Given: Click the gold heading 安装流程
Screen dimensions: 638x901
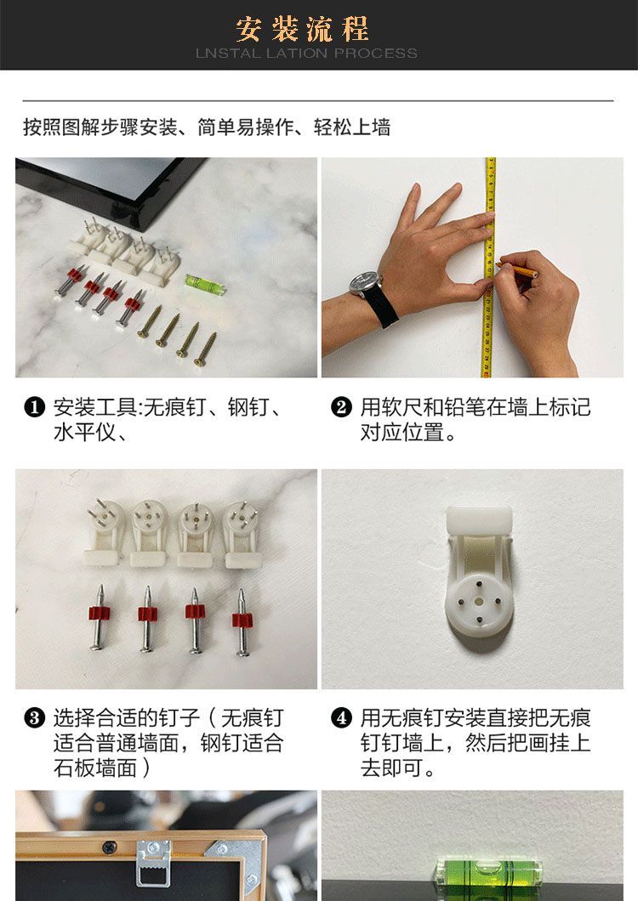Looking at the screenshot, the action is (302, 29).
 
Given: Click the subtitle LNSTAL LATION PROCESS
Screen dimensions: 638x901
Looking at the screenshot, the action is (306, 54).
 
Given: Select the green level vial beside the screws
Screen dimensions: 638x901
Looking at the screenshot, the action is (205, 283).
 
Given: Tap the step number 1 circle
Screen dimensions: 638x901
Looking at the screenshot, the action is (35, 407).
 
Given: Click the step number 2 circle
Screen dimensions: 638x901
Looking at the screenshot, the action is (341, 407).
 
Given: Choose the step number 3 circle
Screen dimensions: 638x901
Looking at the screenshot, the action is (35, 718).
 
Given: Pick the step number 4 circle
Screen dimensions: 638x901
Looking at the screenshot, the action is (341, 718).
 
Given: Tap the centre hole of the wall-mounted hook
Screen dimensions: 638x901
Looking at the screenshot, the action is (479, 602).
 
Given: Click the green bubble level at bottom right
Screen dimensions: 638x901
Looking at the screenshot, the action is (489, 879).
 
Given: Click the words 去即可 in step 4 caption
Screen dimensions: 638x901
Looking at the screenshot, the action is (392, 768).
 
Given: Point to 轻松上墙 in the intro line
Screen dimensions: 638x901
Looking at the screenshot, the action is (352, 127).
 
